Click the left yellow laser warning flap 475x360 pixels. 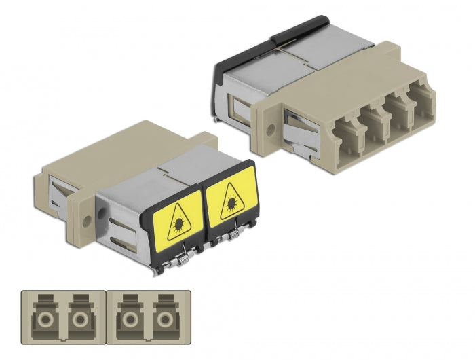point(178,217)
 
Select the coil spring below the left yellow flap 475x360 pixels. point(185,252)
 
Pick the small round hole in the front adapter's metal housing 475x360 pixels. point(102,213)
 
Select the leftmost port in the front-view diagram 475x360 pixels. point(43,319)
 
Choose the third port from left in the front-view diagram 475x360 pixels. point(128,319)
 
